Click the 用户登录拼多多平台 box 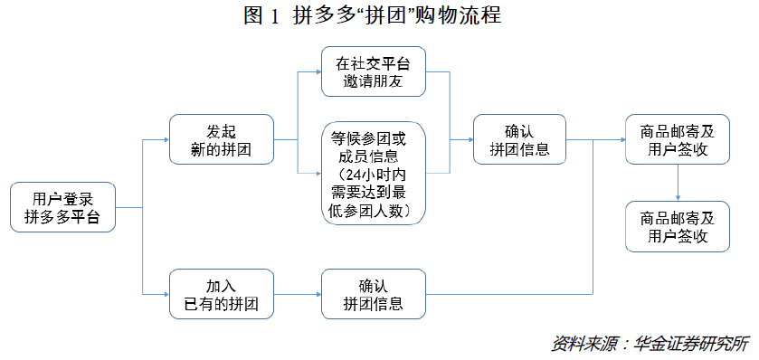pos(63,208)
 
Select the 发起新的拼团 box pos(222,139)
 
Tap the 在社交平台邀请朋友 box pos(374,71)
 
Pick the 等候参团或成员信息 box pos(374,172)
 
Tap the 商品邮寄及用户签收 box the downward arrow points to pos(678,226)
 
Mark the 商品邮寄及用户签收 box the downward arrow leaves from pos(678,139)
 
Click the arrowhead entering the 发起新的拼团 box pos(166,139)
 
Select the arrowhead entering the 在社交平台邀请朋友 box pos(317,71)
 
